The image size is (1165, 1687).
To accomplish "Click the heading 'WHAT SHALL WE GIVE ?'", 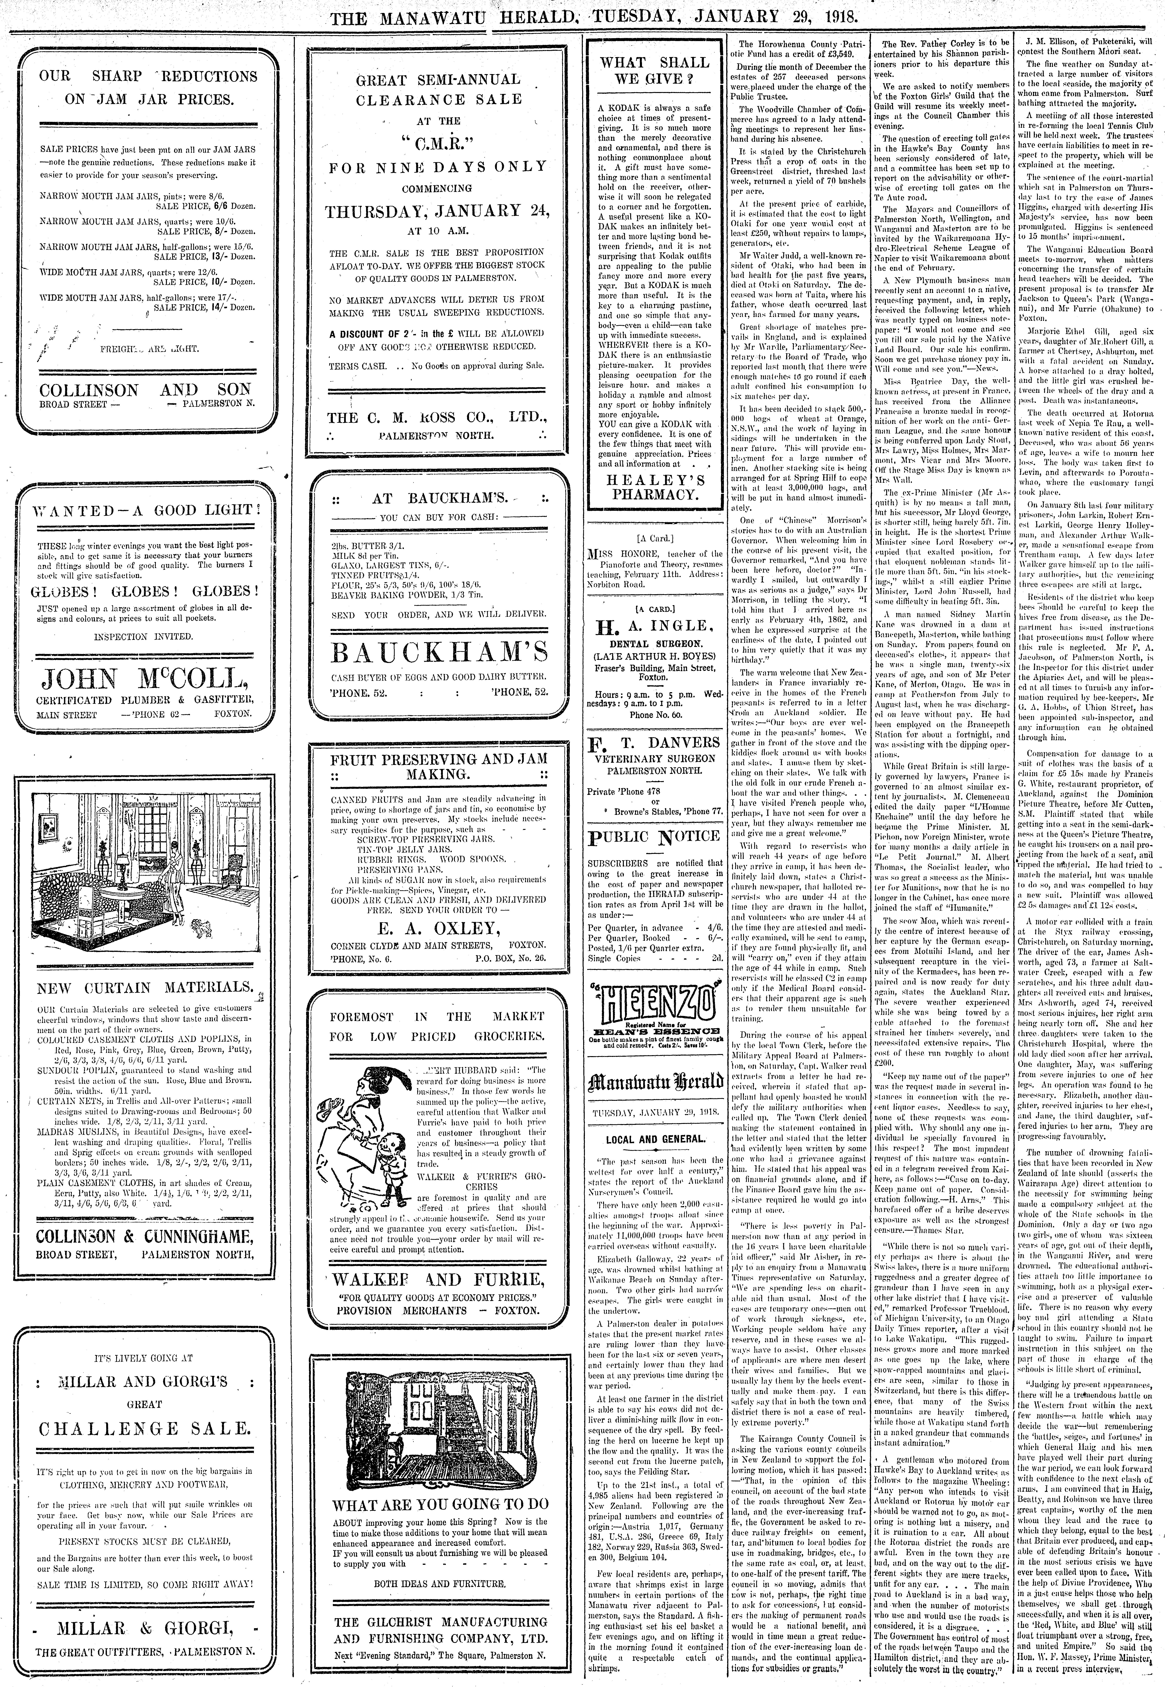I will click(654, 71).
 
